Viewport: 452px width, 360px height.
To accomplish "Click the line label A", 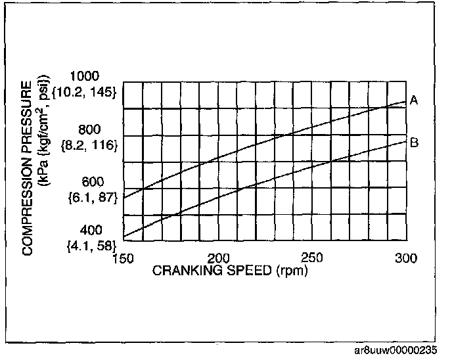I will [x=415, y=100].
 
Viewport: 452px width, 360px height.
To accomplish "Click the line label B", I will [x=415, y=142].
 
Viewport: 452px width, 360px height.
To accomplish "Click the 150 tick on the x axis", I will [x=124, y=258].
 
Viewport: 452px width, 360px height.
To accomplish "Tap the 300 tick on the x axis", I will [x=405, y=258].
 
